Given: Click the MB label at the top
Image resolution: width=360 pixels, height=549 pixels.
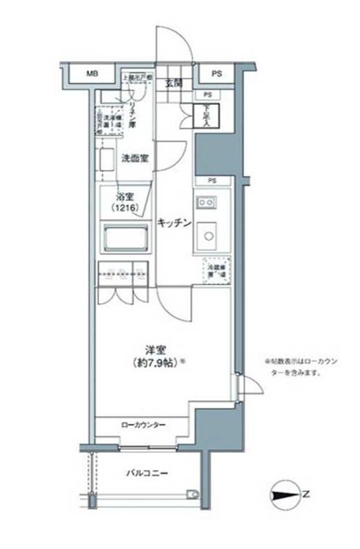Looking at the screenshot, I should [92, 74].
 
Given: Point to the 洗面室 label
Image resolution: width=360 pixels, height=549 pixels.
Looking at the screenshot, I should [134, 159].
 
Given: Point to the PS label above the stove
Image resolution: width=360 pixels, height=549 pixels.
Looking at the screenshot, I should [213, 180].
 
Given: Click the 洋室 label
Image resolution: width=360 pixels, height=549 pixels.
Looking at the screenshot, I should [152, 350].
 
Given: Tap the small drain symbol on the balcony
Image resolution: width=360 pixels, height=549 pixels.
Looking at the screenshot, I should [192, 494].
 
